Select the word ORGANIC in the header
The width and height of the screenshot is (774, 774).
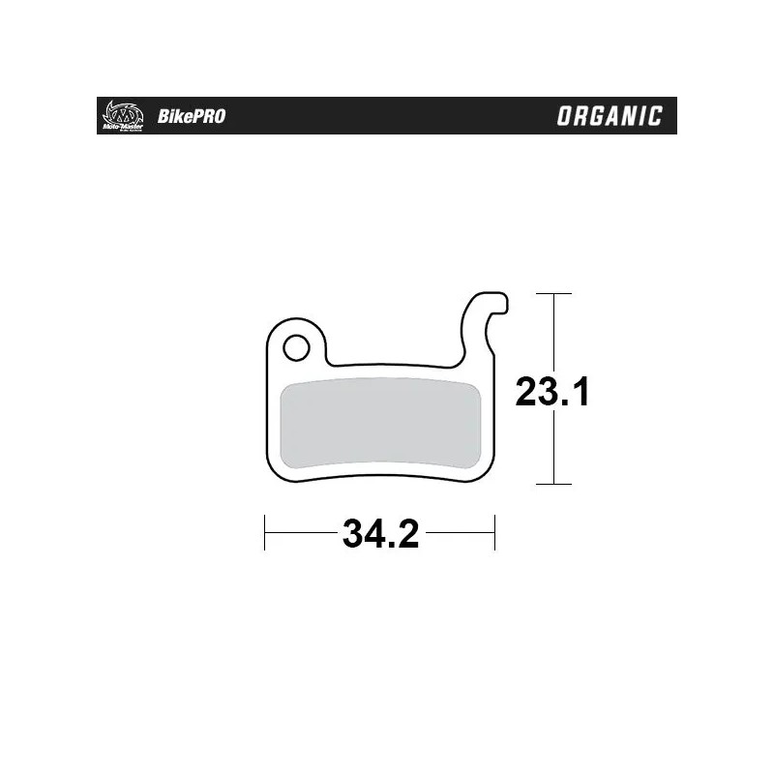point(610,117)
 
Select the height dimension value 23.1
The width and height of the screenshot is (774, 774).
point(552,392)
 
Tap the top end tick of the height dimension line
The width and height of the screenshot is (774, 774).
point(552,292)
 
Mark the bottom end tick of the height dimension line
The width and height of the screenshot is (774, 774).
point(552,483)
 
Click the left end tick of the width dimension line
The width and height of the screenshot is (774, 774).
point(265,533)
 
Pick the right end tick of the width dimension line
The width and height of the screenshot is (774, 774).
point(494,533)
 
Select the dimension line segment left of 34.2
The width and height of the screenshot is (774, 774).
point(300,533)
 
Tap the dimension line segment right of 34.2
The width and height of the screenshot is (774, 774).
point(460,533)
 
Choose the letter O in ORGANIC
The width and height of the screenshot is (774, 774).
point(565,117)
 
